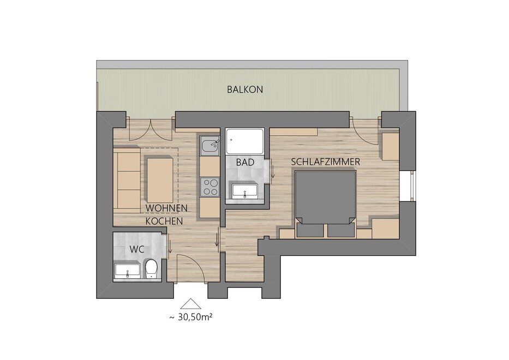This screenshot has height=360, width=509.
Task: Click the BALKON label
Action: click(245, 89)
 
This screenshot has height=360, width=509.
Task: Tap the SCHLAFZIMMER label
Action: click(326, 161)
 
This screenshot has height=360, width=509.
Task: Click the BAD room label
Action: click(245, 162)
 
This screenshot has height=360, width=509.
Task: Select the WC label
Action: click(137, 249)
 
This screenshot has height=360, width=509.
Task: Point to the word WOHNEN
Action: click(166, 208)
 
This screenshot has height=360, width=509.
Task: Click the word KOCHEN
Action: click(164, 221)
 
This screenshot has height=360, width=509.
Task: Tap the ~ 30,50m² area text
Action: click(191, 317)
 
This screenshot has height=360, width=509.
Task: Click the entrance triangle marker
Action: click(191, 303)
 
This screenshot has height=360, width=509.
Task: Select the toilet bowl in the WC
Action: click(151, 268)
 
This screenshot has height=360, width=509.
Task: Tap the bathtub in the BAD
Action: click(245, 141)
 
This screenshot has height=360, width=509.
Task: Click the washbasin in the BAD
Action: click(245, 191)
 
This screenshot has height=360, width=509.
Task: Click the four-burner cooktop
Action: click(209, 187)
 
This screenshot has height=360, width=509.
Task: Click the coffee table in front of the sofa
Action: click(160, 179)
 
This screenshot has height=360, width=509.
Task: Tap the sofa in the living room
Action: click(128, 181)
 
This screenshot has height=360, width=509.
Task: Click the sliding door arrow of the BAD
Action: click(273, 172)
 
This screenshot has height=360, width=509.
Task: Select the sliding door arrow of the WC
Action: click(170, 247)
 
